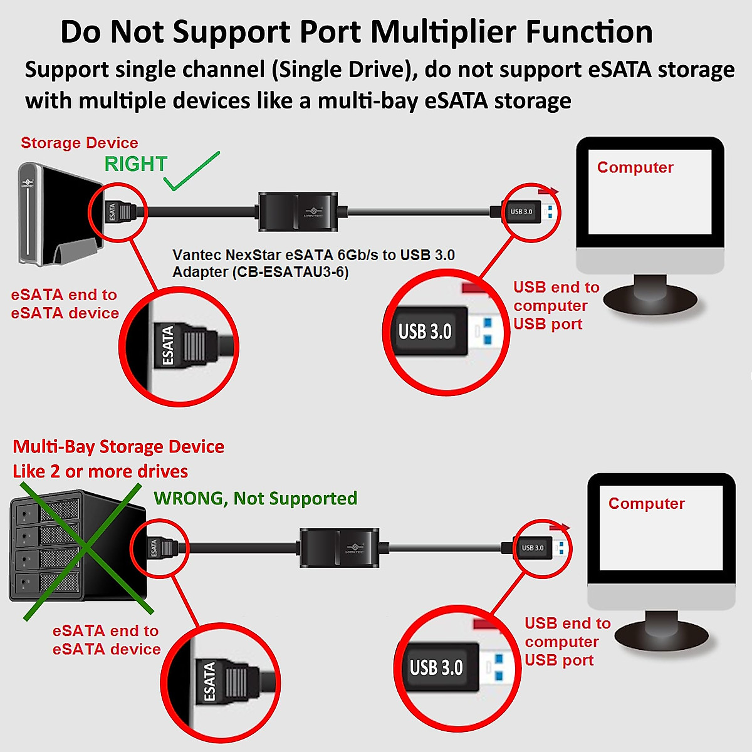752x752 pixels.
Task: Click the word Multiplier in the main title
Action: point(438,32)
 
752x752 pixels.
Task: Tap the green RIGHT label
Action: point(135,164)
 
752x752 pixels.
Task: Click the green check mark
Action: point(191,172)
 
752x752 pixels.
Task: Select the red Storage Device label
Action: point(80,143)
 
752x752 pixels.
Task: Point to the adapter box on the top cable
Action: point(298,212)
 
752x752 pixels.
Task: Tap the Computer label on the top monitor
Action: point(635,167)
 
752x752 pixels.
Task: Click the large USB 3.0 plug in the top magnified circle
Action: point(432,332)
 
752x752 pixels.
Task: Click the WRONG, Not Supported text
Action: point(256,498)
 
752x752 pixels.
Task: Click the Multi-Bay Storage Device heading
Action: point(118,447)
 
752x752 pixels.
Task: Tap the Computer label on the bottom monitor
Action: point(646,503)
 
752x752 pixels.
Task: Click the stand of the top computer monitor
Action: point(650,295)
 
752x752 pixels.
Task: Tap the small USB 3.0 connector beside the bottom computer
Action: point(536,548)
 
